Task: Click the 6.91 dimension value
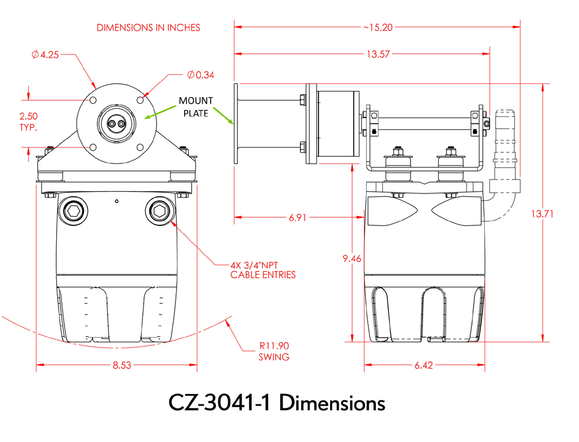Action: (x=299, y=218)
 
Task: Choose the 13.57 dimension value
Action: (x=378, y=54)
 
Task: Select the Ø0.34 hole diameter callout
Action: (x=201, y=75)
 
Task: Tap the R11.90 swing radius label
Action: (x=273, y=351)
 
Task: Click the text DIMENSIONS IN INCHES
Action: (x=148, y=27)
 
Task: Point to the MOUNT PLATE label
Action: (x=195, y=107)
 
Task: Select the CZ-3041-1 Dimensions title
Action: (x=277, y=403)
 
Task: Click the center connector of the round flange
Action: (x=117, y=122)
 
